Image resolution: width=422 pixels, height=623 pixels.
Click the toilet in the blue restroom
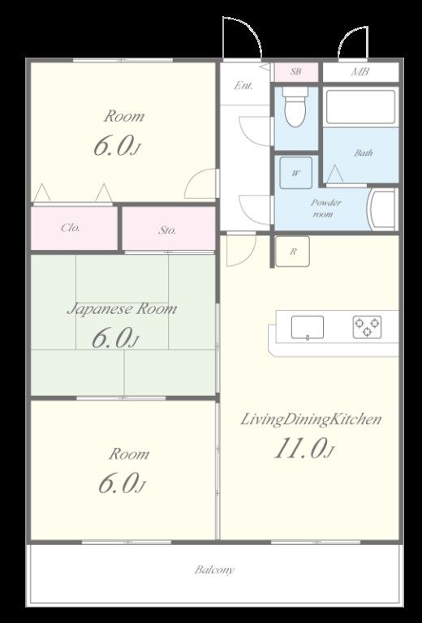[x=295, y=106]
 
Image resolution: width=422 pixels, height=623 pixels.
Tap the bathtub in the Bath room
[x=361, y=107]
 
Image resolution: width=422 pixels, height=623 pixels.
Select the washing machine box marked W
[x=295, y=173]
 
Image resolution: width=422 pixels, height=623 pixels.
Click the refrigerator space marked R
[x=292, y=251]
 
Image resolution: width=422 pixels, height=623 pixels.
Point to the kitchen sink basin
[x=307, y=328]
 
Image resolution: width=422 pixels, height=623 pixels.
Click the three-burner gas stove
[x=367, y=327]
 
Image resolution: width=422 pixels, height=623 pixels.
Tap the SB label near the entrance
[x=295, y=71]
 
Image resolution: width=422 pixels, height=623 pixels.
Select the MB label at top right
[x=360, y=71]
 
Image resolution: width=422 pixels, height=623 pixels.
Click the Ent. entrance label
[x=243, y=85]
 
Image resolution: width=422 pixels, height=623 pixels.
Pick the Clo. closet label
[x=71, y=228]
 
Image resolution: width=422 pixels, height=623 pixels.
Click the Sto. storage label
[x=167, y=230]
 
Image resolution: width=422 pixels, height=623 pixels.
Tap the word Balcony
[x=214, y=569]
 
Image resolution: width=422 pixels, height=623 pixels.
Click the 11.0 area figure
[x=304, y=448]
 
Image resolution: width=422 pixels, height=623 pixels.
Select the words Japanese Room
[x=122, y=309]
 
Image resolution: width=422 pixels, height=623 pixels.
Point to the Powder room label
[x=325, y=208]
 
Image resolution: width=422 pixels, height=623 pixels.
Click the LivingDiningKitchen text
[x=311, y=419]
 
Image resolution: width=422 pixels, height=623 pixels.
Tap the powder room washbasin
[x=382, y=209]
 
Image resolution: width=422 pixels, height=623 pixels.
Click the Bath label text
[x=364, y=153]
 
